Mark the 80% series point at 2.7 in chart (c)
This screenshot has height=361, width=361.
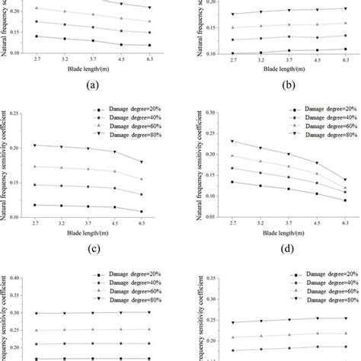click(35, 145)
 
